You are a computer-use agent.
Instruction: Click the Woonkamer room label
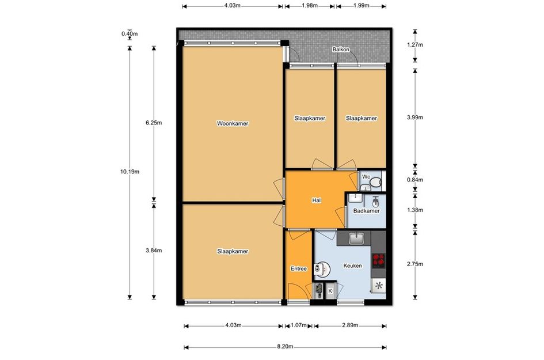coord(233,123)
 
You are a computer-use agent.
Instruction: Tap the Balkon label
coord(341,50)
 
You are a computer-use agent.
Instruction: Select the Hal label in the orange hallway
coord(316,200)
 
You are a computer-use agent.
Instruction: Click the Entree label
coord(298,268)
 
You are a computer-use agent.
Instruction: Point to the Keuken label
coord(352,266)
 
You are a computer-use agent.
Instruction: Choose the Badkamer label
coord(366,211)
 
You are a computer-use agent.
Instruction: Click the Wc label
coord(366,177)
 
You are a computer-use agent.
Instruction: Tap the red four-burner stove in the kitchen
coord(379,260)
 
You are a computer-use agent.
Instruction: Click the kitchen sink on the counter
coord(356,238)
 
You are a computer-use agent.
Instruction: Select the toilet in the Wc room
coord(376,182)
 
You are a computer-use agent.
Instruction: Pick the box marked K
coord(330,291)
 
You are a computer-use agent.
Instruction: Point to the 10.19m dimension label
coord(130,172)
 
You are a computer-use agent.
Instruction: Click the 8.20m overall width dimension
coord(285,346)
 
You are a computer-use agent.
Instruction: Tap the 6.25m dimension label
coord(154,123)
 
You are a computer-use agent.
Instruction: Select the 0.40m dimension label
coord(130,33)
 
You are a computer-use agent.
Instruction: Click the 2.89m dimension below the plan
coord(350,325)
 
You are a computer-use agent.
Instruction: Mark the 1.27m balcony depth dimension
coord(415,44)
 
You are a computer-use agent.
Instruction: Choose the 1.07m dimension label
coord(298,325)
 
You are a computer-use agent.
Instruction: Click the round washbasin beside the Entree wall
coord(322,268)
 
